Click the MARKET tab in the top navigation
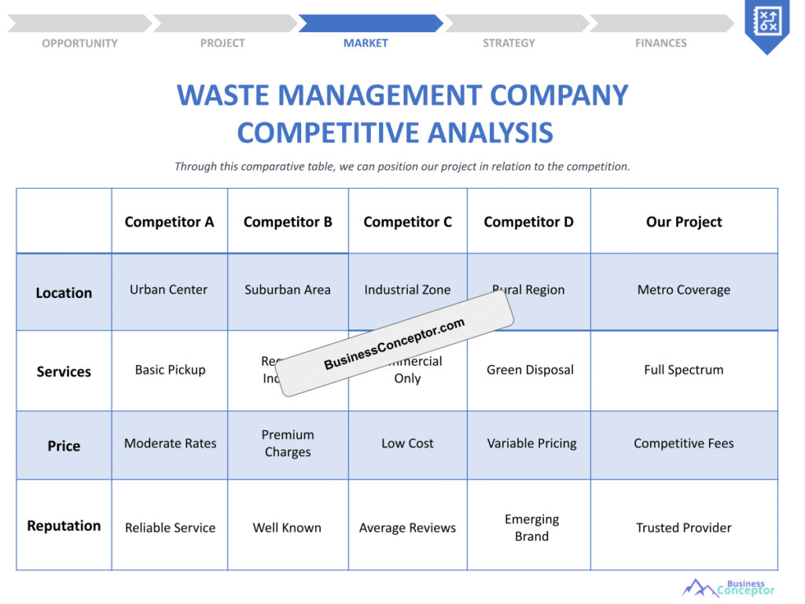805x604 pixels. click(x=366, y=43)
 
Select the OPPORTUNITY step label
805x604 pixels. click(x=79, y=43)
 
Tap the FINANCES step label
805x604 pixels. click(x=660, y=43)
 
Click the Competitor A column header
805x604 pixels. click(x=169, y=222)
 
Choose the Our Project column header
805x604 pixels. click(x=684, y=222)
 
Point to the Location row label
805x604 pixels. click(x=64, y=293)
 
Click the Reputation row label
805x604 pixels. click(x=64, y=525)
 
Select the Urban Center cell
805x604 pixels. click(x=169, y=289)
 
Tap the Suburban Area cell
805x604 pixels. click(x=288, y=289)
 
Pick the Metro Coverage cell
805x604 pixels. click(x=684, y=289)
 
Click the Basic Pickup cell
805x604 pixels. click(x=170, y=370)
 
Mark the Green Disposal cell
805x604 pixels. click(x=530, y=370)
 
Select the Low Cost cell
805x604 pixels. click(x=407, y=444)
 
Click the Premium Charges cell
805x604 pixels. click(x=288, y=444)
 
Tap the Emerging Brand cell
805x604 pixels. click(x=531, y=528)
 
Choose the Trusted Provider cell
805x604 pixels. click(x=684, y=528)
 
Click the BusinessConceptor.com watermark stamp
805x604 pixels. click(x=395, y=344)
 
